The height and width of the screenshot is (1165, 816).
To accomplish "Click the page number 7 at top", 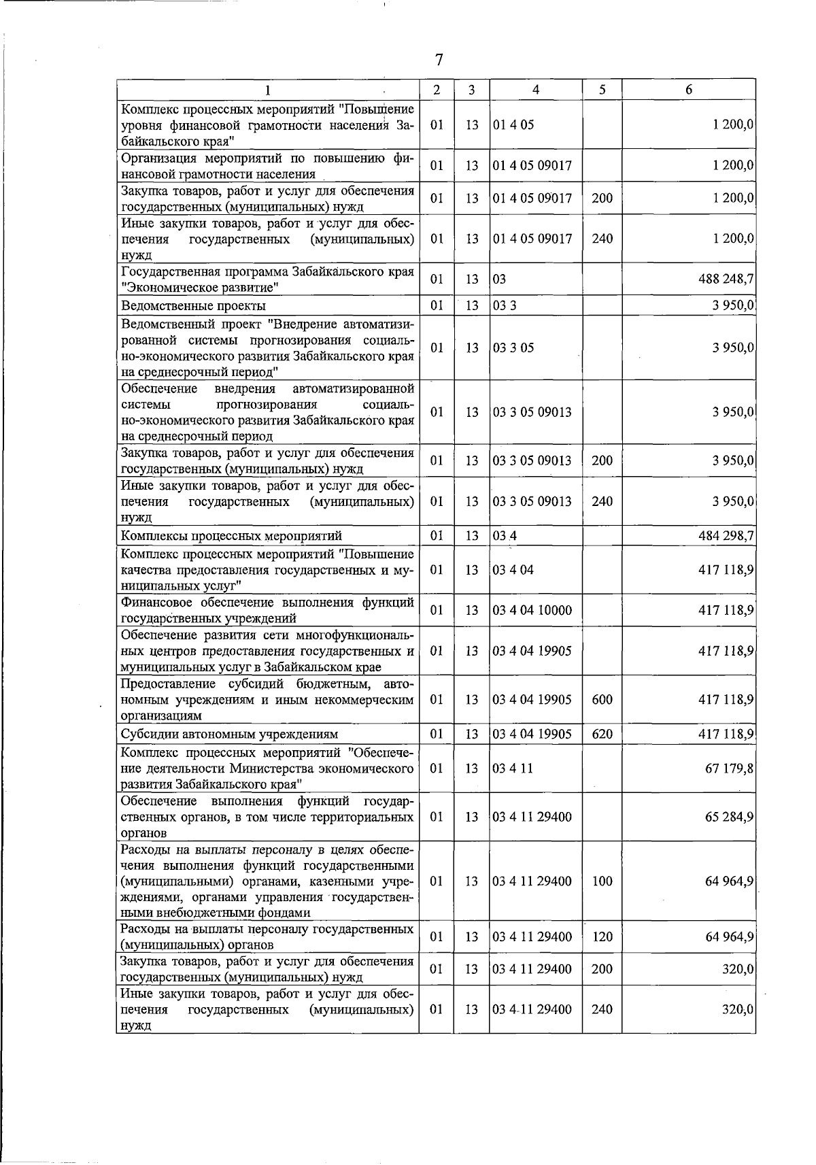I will click(x=439, y=61).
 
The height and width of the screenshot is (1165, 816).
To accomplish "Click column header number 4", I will click(x=536, y=90).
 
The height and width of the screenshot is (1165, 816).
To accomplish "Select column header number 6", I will click(x=689, y=90).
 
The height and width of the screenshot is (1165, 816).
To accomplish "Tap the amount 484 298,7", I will click(x=726, y=536).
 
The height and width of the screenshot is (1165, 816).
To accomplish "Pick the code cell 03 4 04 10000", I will click(x=532, y=610).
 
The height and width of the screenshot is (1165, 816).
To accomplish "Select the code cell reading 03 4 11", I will click(x=513, y=768).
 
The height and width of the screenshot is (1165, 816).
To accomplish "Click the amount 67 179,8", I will click(x=729, y=768).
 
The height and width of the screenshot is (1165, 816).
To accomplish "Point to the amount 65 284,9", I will click(x=729, y=816).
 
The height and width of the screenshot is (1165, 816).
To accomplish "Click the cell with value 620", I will click(x=602, y=734).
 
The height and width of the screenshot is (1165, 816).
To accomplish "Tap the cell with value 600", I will click(x=602, y=699).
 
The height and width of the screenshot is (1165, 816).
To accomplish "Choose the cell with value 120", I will click(x=602, y=936).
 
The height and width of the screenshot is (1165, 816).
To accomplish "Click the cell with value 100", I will click(x=602, y=881).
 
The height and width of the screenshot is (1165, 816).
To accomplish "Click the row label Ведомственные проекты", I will click(x=193, y=306).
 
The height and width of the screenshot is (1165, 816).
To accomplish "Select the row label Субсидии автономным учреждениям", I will click(x=229, y=734).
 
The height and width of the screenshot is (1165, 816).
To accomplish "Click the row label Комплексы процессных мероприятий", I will click(x=231, y=536).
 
